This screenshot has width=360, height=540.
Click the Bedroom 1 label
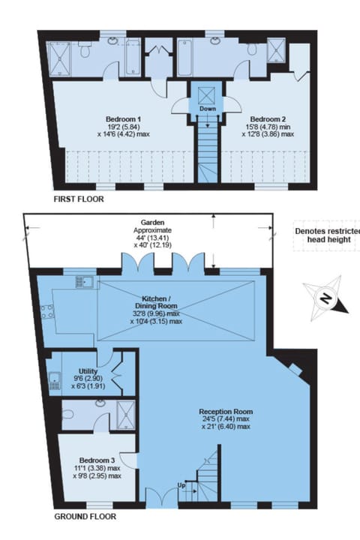coord(124,119)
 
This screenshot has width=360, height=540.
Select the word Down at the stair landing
coord(208,108)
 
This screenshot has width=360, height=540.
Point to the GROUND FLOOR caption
coord(85,517)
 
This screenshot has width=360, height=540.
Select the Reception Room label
coord(226,412)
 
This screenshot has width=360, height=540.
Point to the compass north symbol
coord(325,299)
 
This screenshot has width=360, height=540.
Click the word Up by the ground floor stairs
coord(181,485)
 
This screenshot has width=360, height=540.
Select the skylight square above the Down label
coord(207,94)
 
